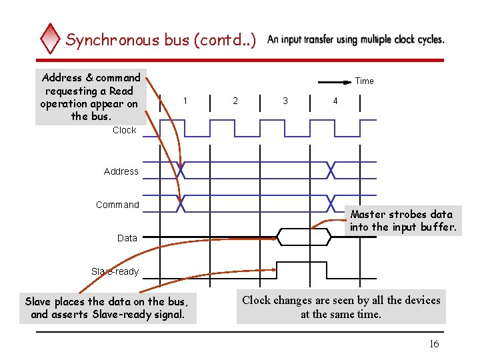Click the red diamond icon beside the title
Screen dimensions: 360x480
[50, 39]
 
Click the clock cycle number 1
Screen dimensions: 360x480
[185, 101]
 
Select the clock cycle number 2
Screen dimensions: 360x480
[235, 101]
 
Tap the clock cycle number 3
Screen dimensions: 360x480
[285, 101]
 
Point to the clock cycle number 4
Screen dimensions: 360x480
[335, 101]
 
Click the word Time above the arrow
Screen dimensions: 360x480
[364, 81]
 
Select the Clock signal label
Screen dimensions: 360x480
[124, 130]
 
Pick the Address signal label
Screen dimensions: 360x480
[121, 171]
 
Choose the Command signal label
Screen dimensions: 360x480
[117, 205]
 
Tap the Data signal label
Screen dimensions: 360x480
[127, 238]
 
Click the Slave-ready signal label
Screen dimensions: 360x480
[115, 271]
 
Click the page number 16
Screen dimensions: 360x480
[433, 344]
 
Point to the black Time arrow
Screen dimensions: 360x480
[334, 82]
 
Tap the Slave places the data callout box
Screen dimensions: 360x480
[107, 307]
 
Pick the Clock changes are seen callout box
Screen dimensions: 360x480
[341, 307]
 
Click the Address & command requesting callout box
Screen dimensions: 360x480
[91, 97]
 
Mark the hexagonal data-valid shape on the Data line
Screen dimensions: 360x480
[303, 237]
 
